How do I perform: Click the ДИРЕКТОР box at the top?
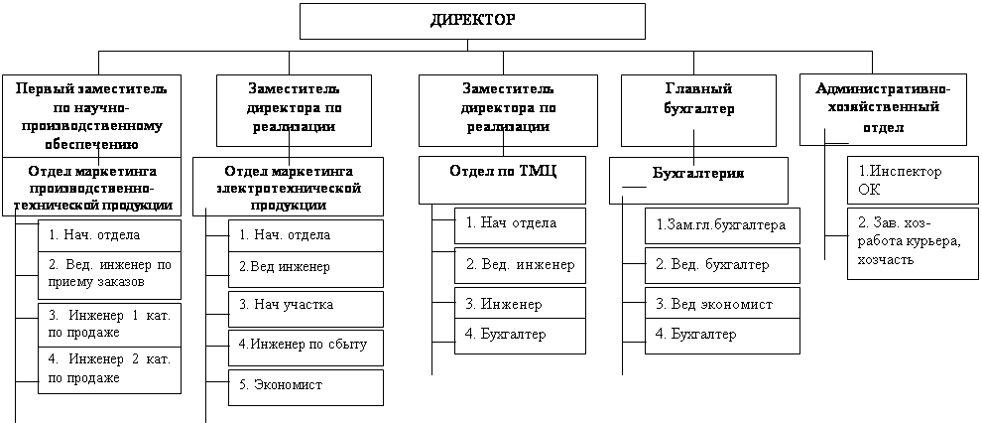[x=472, y=21]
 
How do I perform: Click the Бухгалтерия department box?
[x=698, y=180]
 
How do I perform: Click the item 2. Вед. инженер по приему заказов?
[x=109, y=274]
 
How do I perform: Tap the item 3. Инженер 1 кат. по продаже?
[x=109, y=324]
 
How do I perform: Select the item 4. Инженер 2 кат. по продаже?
[x=109, y=369]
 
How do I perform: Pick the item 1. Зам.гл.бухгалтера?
[x=722, y=225]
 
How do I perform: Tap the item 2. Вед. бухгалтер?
[x=722, y=265]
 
